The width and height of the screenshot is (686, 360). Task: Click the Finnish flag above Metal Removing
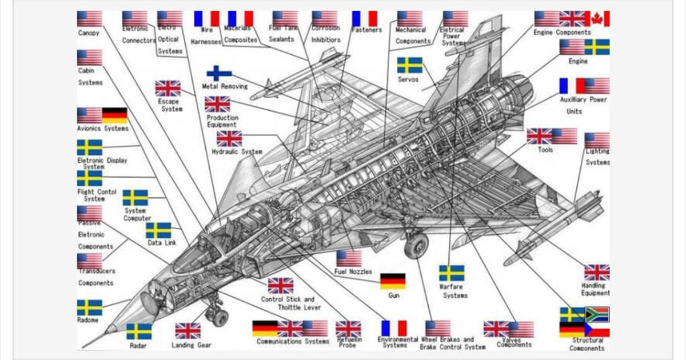(x=219, y=73)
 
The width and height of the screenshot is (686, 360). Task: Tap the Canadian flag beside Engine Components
(x=597, y=19)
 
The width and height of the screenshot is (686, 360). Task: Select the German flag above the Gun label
(x=393, y=281)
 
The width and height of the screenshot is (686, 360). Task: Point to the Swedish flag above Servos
(x=410, y=65)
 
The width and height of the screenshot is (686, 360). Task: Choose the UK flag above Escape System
(x=167, y=89)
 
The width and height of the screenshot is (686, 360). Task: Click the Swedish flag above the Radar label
(x=139, y=331)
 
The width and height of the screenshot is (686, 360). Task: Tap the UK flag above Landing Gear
(x=188, y=331)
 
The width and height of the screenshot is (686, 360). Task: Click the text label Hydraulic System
(x=237, y=152)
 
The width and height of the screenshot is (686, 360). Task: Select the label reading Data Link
(x=162, y=243)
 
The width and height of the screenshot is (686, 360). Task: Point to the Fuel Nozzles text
(x=353, y=272)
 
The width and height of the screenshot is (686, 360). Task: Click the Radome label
(x=88, y=320)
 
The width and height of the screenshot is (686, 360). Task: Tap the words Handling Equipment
(x=596, y=289)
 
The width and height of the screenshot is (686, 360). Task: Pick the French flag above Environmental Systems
(x=394, y=328)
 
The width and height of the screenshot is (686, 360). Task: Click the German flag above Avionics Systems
(x=114, y=115)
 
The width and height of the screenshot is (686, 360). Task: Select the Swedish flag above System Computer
(x=135, y=198)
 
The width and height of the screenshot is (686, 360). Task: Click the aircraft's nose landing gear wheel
(x=219, y=318)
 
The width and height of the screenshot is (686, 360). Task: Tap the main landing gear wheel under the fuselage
(x=416, y=246)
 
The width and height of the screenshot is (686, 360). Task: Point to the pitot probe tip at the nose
(x=84, y=346)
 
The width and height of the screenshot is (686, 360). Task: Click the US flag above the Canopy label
(x=90, y=19)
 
